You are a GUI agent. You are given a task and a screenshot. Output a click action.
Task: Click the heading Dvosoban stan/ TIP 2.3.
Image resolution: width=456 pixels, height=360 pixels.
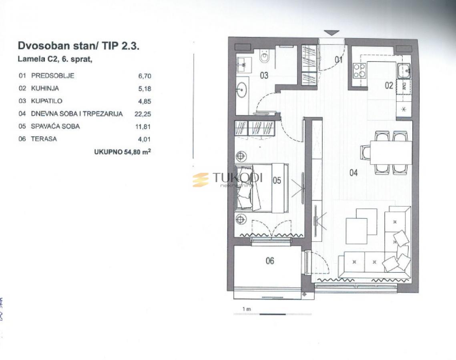click(x=78, y=46)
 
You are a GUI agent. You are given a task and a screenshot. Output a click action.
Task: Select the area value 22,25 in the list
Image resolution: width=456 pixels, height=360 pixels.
click(x=143, y=114)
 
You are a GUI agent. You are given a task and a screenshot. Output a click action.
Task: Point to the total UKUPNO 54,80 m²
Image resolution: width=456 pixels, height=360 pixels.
click(x=123, y=152)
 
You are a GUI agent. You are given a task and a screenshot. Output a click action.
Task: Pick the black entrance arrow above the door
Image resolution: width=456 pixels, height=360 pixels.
click(x=331, y=33)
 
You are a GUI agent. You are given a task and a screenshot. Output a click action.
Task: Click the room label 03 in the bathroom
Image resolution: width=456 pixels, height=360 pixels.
click(x=264, y=75)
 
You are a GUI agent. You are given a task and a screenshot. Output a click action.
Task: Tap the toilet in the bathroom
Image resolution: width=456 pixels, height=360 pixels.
click(x=265, y=57)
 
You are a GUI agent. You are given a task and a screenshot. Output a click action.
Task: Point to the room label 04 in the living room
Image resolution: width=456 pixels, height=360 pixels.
click(x=353, y=173)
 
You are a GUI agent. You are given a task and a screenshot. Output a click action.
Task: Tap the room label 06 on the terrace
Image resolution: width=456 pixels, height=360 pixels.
click(x=270, y=261)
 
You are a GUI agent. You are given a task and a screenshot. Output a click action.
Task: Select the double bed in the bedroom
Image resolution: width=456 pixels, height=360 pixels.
click(x=260, y=187)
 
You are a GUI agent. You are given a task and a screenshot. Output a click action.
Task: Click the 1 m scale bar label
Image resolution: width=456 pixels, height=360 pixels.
click(x=246, y=309)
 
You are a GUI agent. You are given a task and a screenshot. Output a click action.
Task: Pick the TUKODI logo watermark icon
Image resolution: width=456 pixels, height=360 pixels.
click(x=201, y=180)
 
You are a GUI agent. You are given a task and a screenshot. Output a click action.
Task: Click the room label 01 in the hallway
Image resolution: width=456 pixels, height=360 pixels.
click(x=339, y=60)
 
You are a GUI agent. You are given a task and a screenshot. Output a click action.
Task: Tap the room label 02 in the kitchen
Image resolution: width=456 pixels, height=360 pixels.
click(x=389, y=85)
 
